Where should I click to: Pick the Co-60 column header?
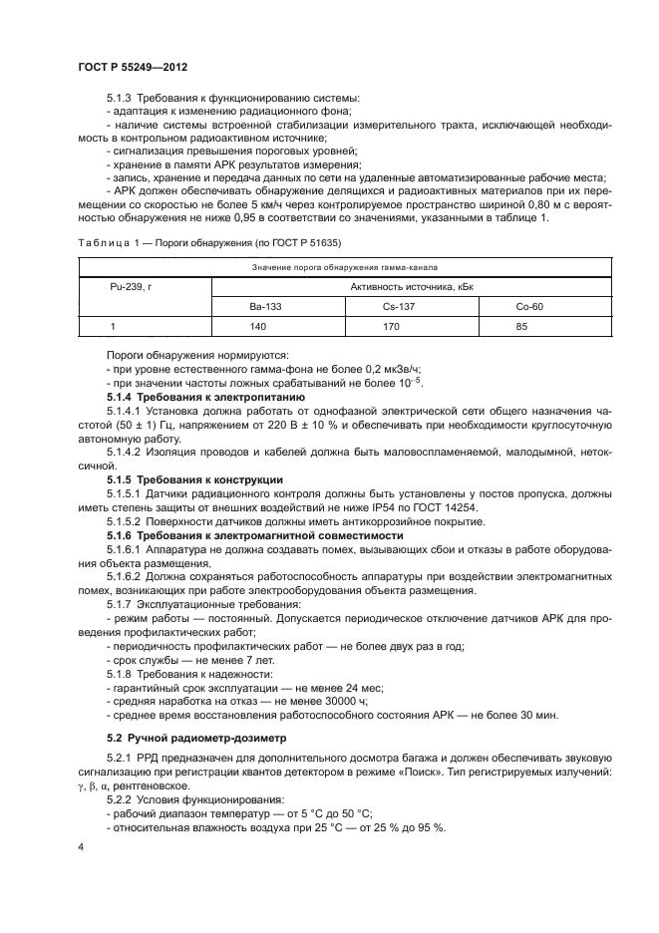(x=529, y=307)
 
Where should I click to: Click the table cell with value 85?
(x=529, y=326)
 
